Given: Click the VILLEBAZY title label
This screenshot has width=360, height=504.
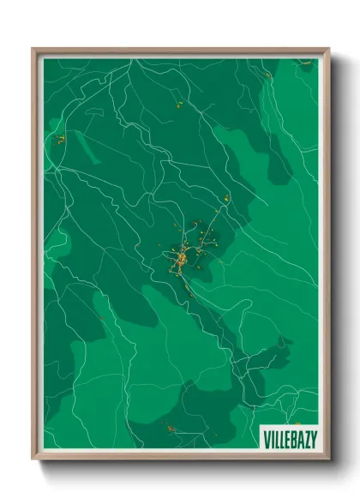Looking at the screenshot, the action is [290, 438].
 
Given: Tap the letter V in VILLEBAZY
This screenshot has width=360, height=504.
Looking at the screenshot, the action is [266, 438].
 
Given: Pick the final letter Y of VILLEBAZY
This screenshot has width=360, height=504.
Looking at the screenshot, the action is [313, 438].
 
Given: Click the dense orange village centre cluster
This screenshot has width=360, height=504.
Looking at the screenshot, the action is [182, 258].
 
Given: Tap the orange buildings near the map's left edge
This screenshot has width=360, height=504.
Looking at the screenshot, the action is [61, 138].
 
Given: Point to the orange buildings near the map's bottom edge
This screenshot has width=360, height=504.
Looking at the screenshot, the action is [172, 429].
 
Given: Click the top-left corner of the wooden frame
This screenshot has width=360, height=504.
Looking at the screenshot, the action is [34, 50].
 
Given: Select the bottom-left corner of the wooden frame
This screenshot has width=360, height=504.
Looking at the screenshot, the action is [34, 459].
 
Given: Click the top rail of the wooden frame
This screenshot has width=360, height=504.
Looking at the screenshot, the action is [180, 51].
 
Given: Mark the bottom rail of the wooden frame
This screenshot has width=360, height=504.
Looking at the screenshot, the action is [180, 458].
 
